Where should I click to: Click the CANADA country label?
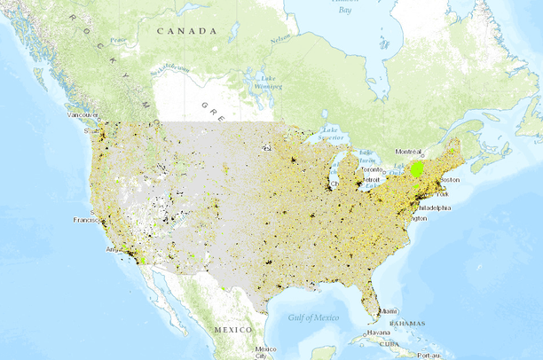(x=186, y=31)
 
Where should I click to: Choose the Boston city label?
(x=450, y=179)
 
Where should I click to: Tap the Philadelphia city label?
(x=429, y=207)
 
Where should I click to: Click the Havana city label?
(x=379, y=333)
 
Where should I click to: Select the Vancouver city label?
(x=83, y=115)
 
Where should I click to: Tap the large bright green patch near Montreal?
(x=416, y=168)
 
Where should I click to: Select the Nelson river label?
(x=281, y=39)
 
